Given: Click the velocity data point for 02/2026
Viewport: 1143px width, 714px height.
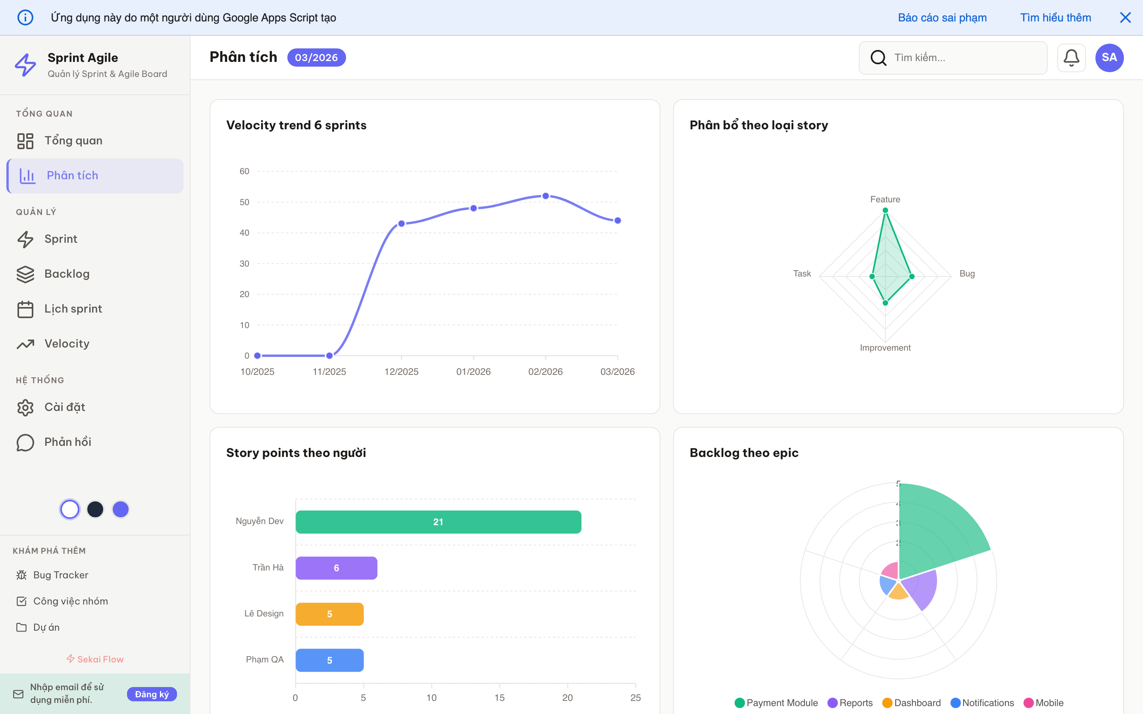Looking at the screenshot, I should coord(546,196).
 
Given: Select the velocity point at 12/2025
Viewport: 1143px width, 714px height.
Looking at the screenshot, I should coord(402,223).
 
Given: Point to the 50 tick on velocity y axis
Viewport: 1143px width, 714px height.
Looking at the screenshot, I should coord(244,202).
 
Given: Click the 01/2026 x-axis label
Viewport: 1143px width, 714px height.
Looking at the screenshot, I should coord(473,372).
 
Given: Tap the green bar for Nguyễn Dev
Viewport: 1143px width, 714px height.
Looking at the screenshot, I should coord(438,522).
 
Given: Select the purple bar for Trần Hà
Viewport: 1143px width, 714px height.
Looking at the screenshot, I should coord(336,568).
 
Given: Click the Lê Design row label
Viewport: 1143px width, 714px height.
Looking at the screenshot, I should coord(264,613).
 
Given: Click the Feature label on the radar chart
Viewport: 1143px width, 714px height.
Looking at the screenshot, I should coord(885,199).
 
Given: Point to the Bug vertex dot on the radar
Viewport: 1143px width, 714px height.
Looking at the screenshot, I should coord(912,276).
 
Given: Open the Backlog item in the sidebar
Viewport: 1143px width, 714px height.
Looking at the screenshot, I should coord(67,274).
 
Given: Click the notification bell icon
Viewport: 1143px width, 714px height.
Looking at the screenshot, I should coord(1071,58).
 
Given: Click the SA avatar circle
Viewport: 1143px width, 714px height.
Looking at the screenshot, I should coord(1109,58).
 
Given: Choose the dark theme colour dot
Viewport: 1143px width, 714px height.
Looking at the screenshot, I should coord(95,509).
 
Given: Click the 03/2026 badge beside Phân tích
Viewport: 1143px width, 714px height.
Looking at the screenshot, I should coord(316,58).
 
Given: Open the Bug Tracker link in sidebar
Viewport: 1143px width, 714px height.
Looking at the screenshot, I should coord(60,575).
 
